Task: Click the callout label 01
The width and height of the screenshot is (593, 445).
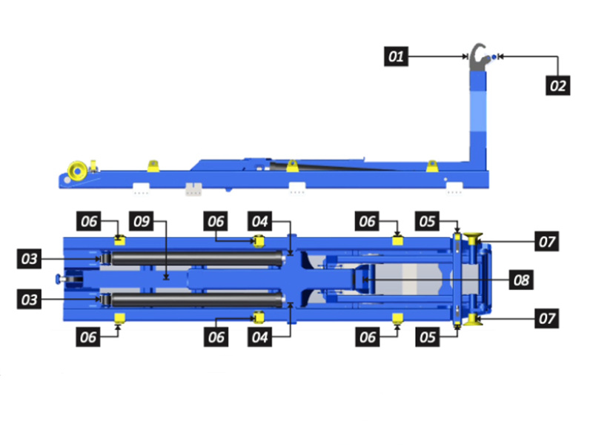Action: [397, 56]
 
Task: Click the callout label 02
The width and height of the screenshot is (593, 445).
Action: [558, 85]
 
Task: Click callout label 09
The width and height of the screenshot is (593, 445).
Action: [140, 221]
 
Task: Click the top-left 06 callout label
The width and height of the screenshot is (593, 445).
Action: [88, 221]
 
